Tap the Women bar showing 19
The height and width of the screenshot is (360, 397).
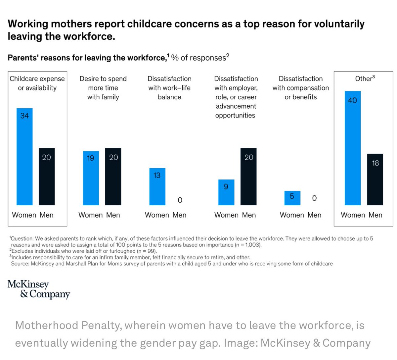coord(91,178)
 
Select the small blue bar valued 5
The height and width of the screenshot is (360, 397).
coord(292,198)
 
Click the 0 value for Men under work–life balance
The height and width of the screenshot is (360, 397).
coord(180,200)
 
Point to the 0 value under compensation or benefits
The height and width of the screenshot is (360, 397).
coord(314,198)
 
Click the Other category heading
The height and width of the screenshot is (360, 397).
coord(365,78)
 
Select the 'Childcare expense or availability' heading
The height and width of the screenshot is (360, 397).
coord(37,83)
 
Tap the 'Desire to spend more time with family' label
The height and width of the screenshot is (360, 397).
coord(103,88)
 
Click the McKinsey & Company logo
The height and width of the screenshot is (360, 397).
coord(38,289)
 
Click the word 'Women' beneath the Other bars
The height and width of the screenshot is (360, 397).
coord(353,215)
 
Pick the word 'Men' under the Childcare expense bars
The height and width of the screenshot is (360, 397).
coord(47,215)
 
